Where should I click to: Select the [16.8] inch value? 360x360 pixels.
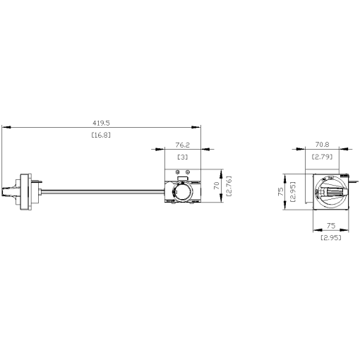[102, 134]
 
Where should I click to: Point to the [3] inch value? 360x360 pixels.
[182, 157]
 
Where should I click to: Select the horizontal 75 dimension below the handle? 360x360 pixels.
[330, 227]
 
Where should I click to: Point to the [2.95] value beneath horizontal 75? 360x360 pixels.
[330, 239]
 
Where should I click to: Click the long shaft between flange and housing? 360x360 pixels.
[99, 190]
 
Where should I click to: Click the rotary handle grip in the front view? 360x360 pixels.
[332, 191]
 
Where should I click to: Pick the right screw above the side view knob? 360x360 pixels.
[189, 173]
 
